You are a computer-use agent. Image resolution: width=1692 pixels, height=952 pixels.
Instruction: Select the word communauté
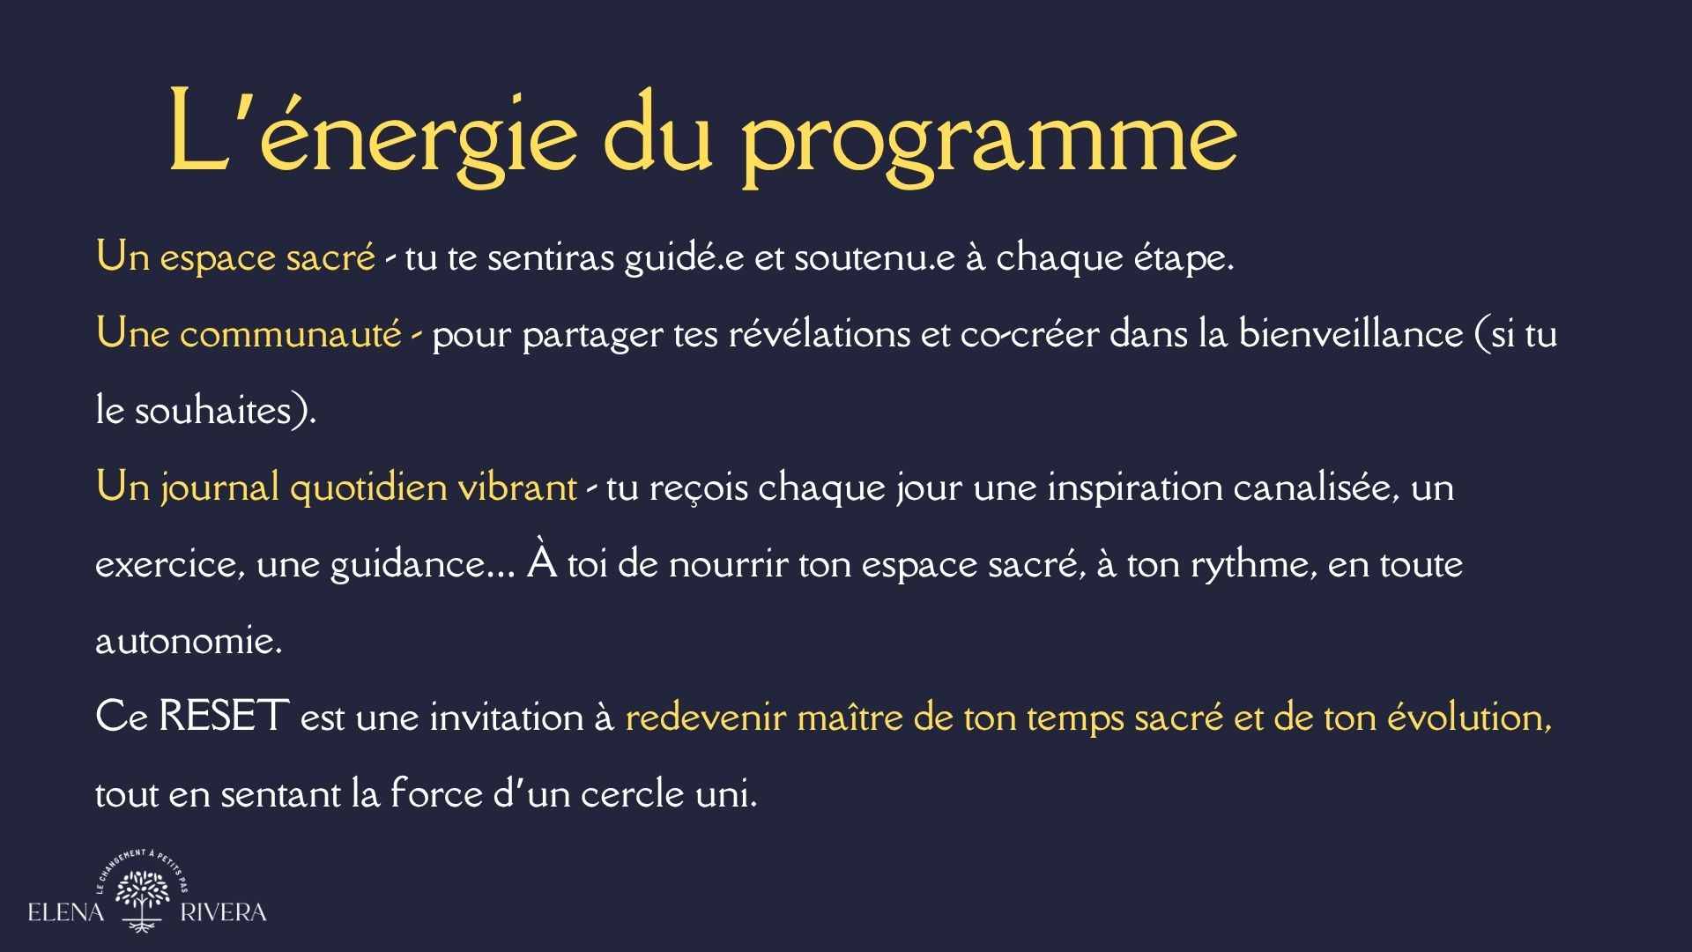pyautogui.click(x=291, y=334)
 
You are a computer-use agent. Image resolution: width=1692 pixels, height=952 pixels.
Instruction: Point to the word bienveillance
pyautogui.click(x=1350, y=334)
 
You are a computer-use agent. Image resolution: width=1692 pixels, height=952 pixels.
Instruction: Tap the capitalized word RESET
pyautogui.click(x=225, y=717)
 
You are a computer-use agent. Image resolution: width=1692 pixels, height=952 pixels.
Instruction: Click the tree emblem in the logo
pyautogui.click(x=143, y=900)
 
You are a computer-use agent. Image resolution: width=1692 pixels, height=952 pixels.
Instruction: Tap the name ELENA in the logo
pyautogui.click(x=66, y=912)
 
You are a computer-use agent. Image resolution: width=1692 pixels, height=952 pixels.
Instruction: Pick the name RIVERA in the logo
pyautogui.click(x=223, y=912)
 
